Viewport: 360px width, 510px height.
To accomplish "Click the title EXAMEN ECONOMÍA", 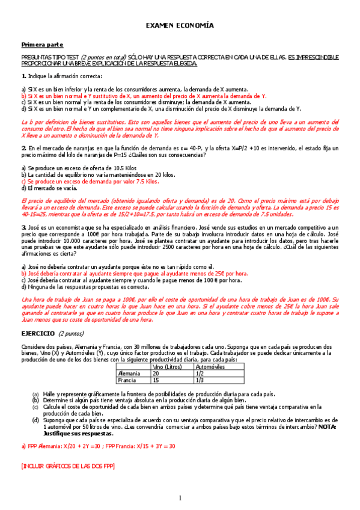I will click(180, 26).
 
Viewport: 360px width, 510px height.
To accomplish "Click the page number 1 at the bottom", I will click(179, 497).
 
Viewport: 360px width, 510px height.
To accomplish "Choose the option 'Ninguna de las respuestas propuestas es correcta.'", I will click(85, 287).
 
